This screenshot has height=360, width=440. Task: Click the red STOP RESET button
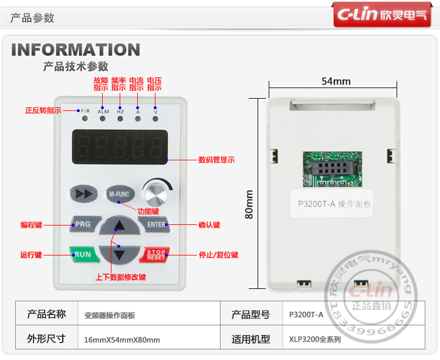[156, 255]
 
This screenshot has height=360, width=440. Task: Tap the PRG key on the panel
[83, 224]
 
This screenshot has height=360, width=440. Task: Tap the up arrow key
[120, 226]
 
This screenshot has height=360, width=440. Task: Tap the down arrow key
[120, 254]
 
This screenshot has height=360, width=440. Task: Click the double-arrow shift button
[83, 193]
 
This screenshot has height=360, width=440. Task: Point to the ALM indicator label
[103, 111]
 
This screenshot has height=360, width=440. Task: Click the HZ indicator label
[120, 111]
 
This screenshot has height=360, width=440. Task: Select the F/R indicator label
[85, 111]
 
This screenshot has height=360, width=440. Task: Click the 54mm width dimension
[336, 81]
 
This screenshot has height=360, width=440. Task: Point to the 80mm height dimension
[249, 204]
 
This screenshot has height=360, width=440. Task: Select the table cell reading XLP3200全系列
[315, 339]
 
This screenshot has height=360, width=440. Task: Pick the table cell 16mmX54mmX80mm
[122, 339]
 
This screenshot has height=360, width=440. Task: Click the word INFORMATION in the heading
[76, 50]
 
